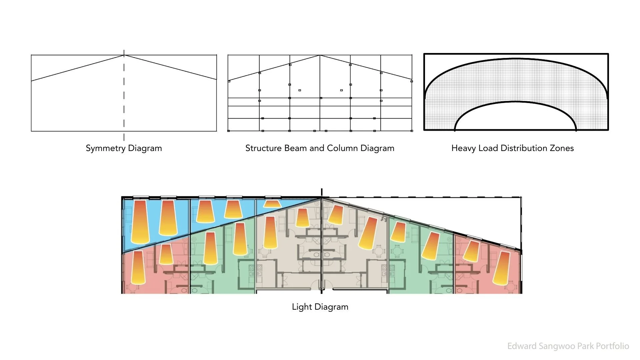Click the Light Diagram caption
click(x=320, y=307)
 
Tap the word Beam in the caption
click(x=295, y=148)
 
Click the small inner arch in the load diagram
click(x=515, y=102)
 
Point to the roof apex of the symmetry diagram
click(x=124, y=55)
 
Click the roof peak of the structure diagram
click(x=320, y=55)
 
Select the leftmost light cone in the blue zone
click(x=140, y=222)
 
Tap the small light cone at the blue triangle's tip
click(x=272, y=203)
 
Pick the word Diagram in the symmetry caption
click(x=145, y=148)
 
